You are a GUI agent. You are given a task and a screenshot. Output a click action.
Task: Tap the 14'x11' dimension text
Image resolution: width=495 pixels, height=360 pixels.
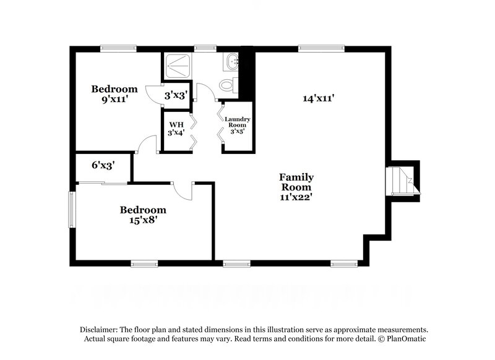pos(319,98)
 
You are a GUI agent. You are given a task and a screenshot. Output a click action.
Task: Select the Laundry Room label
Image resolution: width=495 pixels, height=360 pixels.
pos(236,124)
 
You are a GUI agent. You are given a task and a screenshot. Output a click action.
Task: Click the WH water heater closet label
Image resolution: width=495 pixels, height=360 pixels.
pos(176,128)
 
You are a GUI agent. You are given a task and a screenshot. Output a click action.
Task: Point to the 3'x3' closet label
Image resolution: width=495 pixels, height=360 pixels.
pos(176,95)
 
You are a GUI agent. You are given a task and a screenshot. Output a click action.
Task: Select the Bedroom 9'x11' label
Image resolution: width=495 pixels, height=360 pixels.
pos(114,93)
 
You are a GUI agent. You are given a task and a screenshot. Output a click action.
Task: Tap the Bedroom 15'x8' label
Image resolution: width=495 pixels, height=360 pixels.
pos(143,214)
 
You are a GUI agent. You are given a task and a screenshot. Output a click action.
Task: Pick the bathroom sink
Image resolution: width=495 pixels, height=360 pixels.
pos(231,61)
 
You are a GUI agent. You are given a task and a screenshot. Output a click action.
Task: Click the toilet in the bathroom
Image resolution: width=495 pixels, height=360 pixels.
pos(228,85)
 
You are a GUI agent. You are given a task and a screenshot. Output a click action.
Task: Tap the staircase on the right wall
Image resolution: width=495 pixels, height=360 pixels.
pos(400,180)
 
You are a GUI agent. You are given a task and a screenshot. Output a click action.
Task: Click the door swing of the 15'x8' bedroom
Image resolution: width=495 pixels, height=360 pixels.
pos(184,191)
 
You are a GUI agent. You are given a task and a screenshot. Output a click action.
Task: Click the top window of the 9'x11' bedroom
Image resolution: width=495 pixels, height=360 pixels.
pos(118,48)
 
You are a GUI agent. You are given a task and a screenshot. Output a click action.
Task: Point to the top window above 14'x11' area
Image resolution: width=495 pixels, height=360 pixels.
pos(321,48)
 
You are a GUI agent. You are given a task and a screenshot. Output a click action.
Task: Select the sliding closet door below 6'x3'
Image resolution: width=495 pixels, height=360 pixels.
pos(102,182)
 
